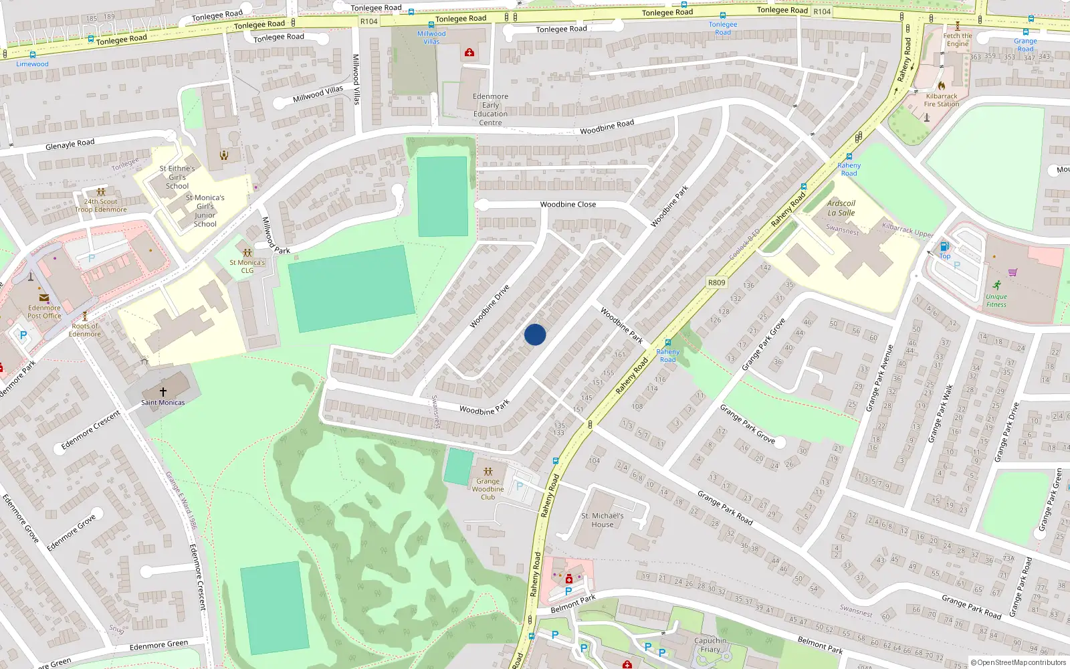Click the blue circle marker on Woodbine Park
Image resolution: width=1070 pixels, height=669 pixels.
(x=535, y=334)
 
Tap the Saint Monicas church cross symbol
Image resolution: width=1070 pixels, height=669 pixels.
(x=163, y=392)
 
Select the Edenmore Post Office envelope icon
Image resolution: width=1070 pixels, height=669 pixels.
(x=44, y=298)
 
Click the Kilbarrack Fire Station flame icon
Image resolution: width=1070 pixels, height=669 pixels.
(x=942, y=86)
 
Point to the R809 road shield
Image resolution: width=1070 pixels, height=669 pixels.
(x=716, y=283)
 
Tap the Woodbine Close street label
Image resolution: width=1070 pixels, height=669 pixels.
(x=568, y=205)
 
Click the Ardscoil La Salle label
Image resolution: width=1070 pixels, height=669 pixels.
(x=841, y=208)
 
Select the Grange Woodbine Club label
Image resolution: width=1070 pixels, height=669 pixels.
(x=488, y=489)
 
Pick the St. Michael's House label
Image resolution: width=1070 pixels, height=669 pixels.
(x=602, y=520)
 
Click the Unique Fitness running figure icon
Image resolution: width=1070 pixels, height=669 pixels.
(x=996, y=285)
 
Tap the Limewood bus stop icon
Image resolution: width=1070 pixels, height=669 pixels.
(x=32, y=55)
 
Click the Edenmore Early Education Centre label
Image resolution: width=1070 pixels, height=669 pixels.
(x=490, y=110)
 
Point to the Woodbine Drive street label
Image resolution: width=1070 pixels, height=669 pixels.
(x=489, y=306)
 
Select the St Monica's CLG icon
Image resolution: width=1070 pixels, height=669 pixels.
(x=247, y=253)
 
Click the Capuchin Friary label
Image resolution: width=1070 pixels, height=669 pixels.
(x=710, y=645)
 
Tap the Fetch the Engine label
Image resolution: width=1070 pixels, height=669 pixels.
(x=958, y=40)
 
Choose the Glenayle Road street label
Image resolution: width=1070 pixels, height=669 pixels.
(x=70, y=144)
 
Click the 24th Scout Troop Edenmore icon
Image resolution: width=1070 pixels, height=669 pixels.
(x=101, y=193)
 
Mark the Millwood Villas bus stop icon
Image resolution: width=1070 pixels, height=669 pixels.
(x=431, y=25)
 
